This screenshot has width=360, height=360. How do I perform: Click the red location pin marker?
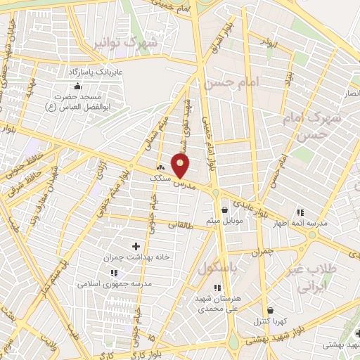(181, 167)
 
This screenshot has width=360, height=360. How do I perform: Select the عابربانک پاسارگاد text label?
(96, 72)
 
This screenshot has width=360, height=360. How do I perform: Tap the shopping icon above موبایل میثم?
(224, 209)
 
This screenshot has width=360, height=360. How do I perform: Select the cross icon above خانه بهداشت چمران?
(136, 245)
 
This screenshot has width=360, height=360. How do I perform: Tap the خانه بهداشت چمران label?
(136, 257)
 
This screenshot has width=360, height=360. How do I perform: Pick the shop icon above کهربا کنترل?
(270, 310)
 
